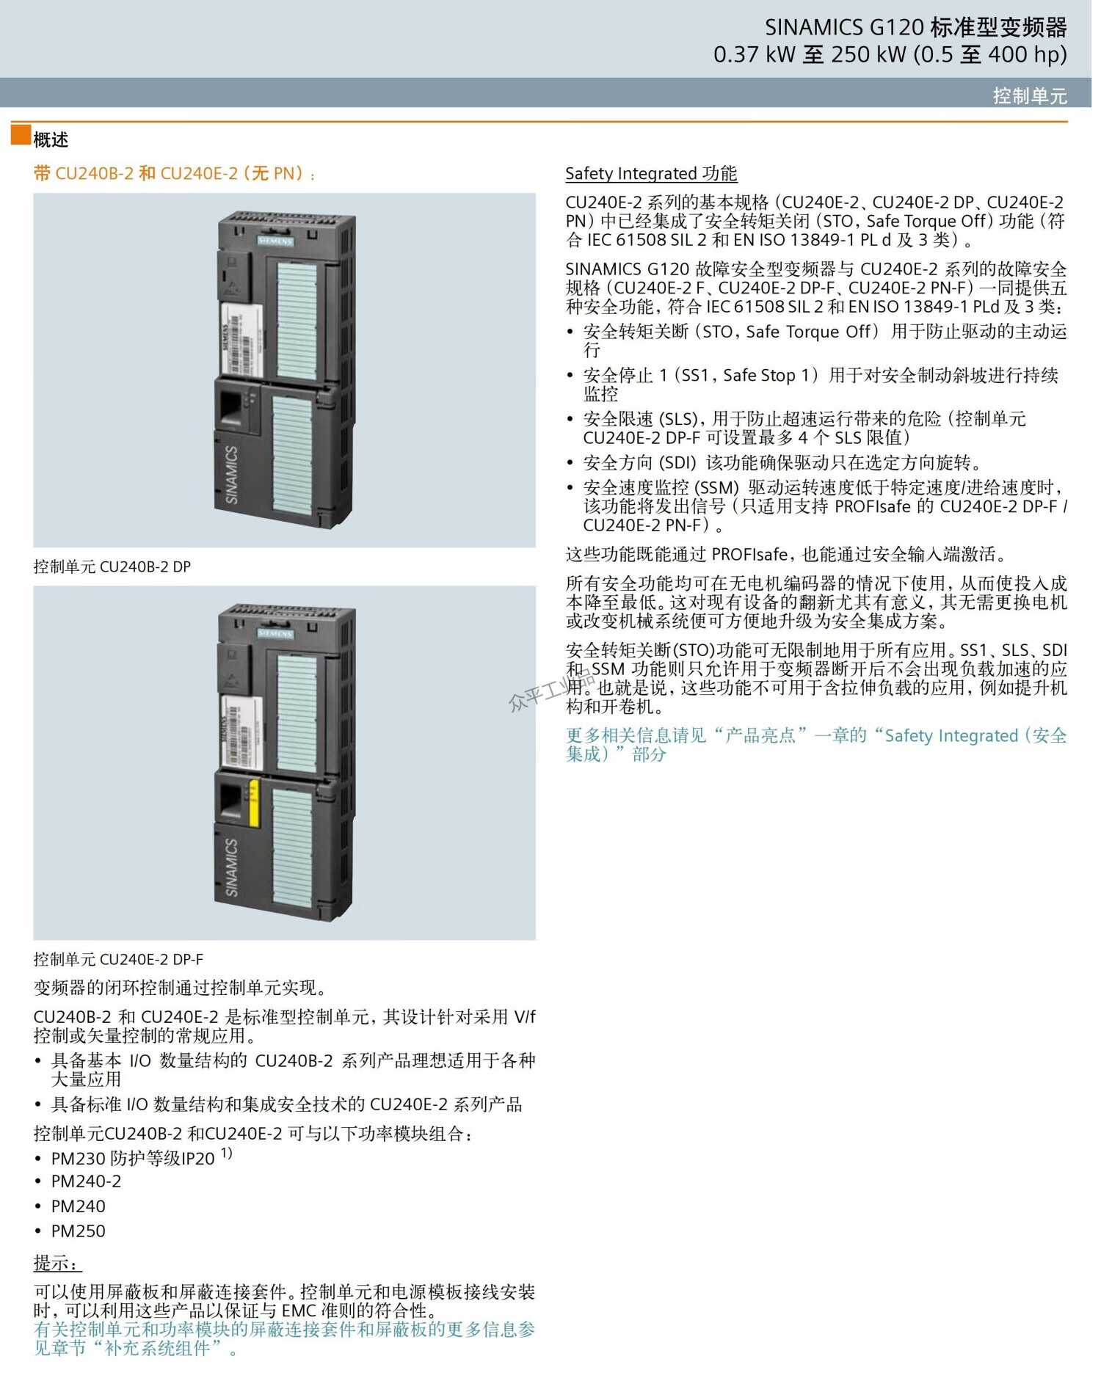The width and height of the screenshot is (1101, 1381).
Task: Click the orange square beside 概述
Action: (21, 135)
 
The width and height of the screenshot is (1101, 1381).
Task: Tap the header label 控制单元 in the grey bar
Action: (1030, 95)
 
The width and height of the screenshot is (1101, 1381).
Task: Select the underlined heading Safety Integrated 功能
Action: (651, 174)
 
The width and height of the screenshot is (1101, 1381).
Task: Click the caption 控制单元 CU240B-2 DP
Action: (112, 566)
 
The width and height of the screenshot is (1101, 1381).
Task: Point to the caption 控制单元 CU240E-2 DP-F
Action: (118, 959)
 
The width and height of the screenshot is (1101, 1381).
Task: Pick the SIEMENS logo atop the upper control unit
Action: (275, 241)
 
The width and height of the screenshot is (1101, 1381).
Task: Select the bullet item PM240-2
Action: (86, 1181)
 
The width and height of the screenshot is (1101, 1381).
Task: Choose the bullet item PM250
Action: (78, 1231)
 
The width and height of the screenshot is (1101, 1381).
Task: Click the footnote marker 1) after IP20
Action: (227, 1153)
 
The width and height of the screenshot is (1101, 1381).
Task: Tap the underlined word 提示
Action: (58, 1264)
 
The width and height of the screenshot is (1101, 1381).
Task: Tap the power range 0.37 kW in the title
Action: (755, 55)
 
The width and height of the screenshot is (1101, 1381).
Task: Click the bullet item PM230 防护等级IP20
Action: (133, 1158)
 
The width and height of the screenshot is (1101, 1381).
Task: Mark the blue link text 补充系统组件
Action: (158, 1348)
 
